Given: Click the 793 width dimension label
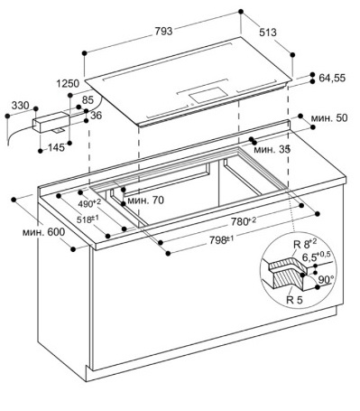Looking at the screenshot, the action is coord(163,32).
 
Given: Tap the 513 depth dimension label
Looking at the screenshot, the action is coord(268,33).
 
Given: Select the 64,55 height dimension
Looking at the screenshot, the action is coord(332,79).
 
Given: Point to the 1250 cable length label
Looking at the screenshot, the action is coord(68,83).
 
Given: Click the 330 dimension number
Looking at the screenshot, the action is coord(21,106).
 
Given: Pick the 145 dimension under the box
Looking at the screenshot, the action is coord(56,147).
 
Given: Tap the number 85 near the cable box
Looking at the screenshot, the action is coord(88,99).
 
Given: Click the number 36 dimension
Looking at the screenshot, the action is coord(96,116).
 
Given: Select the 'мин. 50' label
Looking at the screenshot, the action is coord(328,117).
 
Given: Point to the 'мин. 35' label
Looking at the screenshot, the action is coord(272,149).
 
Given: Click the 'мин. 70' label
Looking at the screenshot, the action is coord(145,200).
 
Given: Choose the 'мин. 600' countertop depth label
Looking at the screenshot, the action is coord(43,232).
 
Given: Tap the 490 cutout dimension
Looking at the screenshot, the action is coord(89,203).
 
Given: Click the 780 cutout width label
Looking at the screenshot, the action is coord(244,221).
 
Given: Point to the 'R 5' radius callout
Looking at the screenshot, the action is coord(294,300).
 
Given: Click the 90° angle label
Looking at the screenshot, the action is coord(325,280).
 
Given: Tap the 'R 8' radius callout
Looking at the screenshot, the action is coord(305,244).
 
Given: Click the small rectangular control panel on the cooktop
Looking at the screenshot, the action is coord(208,94).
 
